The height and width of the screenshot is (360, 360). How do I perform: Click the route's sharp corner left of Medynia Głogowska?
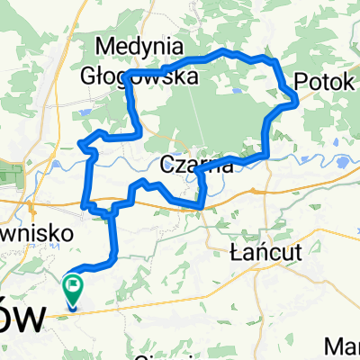pyautogui.click(x=126, y=72)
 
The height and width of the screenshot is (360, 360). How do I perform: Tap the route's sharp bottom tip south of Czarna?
pyautogui.click(x=200, y=207)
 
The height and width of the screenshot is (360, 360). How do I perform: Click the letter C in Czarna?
pyautogui.click(x=167, y=165)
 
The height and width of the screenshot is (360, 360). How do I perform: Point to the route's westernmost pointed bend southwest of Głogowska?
pyautogui.click(x=81, y=143)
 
